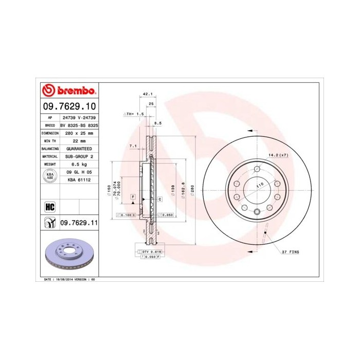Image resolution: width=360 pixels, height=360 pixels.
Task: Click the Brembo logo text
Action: tap(75, 91)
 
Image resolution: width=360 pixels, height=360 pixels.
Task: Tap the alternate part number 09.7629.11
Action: tap(79, 223)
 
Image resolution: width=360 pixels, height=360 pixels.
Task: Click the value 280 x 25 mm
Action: tap(80, 132)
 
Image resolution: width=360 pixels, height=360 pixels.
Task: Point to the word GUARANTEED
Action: tap(80, 148)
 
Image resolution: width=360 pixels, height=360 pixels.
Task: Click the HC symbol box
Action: tap(50, 207)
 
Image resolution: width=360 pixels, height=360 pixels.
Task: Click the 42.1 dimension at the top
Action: tap(148, 94)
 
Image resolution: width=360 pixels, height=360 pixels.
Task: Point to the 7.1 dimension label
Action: tap(133, 146)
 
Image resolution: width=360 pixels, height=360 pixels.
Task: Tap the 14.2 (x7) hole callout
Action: tap(278, 155)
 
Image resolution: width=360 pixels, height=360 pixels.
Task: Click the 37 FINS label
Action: tap(290, 253)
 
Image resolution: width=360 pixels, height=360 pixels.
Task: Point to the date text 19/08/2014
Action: tap(64, 279)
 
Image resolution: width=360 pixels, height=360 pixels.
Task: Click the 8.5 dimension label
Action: tap(158, 123)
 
